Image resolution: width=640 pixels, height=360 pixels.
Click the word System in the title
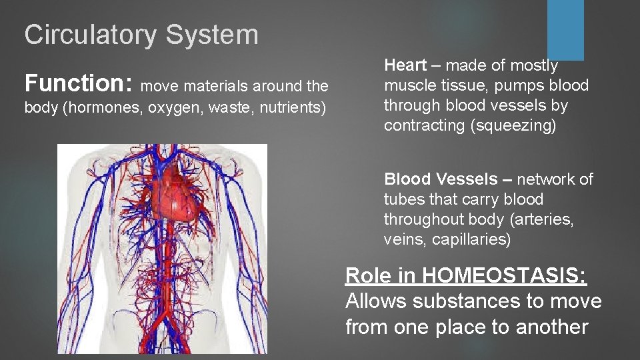(x=212, y=35)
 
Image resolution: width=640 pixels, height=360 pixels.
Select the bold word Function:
(x=79, y=83)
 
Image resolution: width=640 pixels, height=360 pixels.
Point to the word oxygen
(x=171, y=108)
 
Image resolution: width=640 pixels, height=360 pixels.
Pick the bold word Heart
(x=405, y=65)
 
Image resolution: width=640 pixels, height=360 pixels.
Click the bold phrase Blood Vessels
(x=441, y=179)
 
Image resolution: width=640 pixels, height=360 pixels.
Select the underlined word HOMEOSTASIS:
(x=505, y=275)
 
